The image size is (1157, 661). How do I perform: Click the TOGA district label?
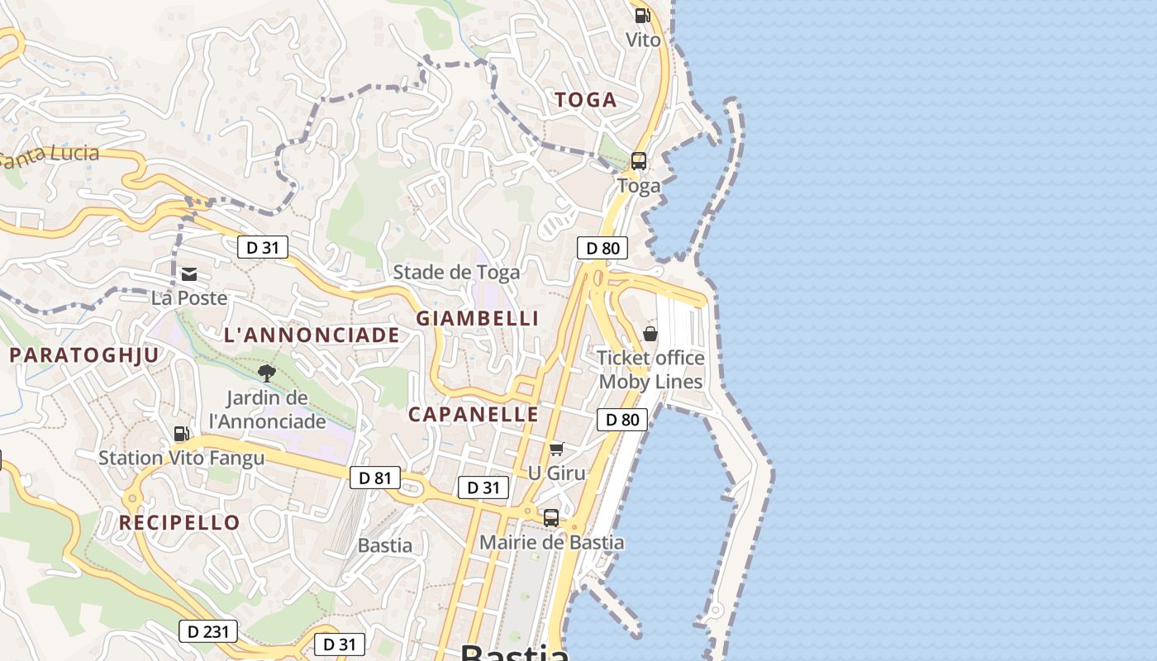585,100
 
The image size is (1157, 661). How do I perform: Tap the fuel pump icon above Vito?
642,15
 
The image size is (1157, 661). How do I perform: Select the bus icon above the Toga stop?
639,161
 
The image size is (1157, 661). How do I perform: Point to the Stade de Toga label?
456,272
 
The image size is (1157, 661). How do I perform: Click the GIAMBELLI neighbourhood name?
477,318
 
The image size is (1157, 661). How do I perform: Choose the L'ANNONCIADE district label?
312,335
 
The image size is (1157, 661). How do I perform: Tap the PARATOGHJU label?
84,355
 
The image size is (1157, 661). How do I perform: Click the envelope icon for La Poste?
189,274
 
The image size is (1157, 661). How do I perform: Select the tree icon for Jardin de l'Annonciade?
266,373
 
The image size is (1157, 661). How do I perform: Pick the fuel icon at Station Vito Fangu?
181,434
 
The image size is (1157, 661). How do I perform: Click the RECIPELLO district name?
179,523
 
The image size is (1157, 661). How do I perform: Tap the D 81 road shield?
375,478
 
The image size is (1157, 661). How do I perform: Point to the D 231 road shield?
208,631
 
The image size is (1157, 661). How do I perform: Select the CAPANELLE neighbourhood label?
474,415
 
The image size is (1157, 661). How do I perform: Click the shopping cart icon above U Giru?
556,449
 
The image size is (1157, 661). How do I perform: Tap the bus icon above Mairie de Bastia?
551,518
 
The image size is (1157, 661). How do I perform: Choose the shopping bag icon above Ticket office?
650,334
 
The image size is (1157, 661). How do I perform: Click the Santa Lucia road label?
50,155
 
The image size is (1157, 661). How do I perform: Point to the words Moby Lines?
650,382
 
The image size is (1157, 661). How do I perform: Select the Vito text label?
643,40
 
